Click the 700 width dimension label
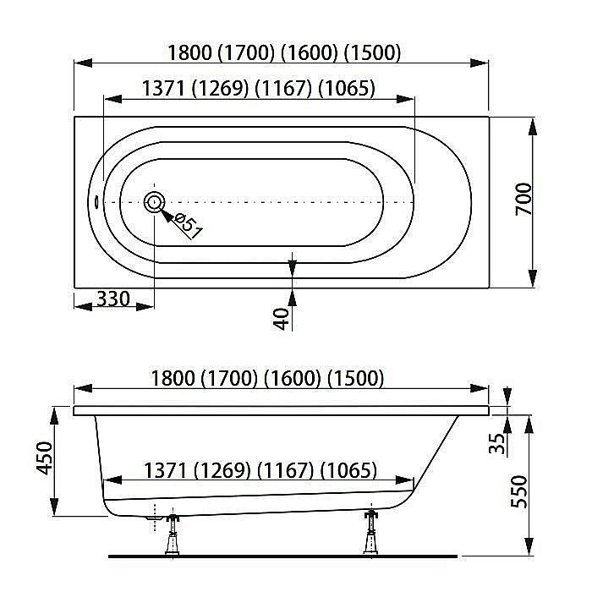pos(524,199)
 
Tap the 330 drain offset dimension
pos(113,299)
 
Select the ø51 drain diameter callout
pos(188,226)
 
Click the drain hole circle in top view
pos(154,202)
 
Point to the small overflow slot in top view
pos(96,201)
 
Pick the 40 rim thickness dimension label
pos(282,319)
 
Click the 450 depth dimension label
pos(45,458)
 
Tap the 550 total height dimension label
pos(519,491)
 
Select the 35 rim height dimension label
pos(497,443)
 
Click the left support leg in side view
pos(173,534)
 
